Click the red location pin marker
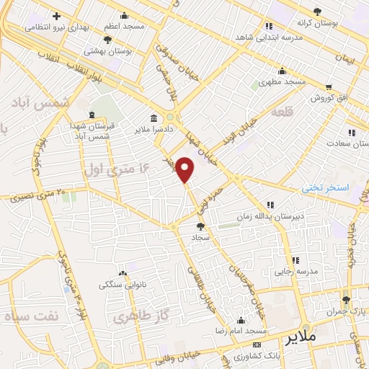(x=185, y=169)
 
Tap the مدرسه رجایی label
(x=292, y=272)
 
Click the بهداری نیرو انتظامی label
(x=50, y=27)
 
